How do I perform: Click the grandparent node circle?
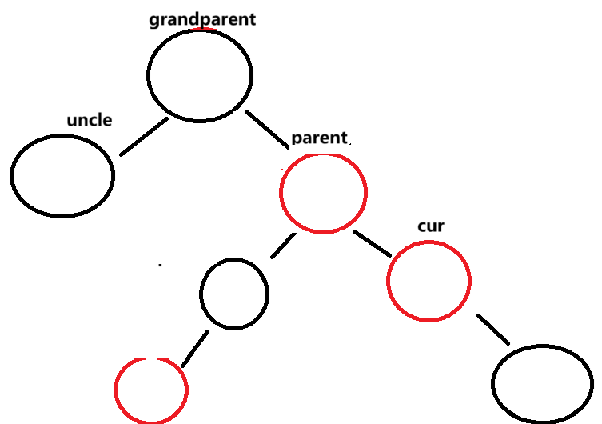(200, 75)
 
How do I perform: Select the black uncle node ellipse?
(62, 175)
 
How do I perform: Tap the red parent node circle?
(323, 193)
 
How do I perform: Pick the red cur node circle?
(429, 281)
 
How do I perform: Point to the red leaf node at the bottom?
(151, 390)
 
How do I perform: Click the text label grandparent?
(202, 18)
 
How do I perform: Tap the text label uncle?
(89, 121)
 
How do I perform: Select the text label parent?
(320, 137)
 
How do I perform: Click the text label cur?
(431, 226)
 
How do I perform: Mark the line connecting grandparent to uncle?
(144, 137)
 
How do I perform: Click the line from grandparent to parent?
(268, 129)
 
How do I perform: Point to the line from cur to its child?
(494, 330)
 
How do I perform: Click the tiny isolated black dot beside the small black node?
(160, 263)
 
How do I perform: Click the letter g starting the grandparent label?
(154, 20)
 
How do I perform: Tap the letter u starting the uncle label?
(72, 122)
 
